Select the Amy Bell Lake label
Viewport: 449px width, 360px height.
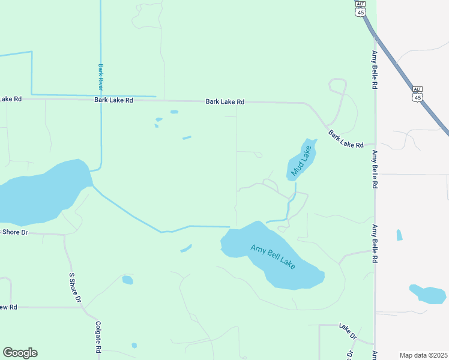273,256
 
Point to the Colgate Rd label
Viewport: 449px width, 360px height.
98,336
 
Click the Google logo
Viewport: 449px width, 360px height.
20,353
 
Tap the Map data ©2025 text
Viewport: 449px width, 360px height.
423,355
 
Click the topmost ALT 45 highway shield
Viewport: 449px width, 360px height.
360,8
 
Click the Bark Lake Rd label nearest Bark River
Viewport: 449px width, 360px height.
113,100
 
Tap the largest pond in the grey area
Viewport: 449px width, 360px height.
429,294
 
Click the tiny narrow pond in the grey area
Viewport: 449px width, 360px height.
399,235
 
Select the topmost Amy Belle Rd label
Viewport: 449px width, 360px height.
374,70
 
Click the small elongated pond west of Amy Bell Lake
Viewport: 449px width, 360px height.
186,248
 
